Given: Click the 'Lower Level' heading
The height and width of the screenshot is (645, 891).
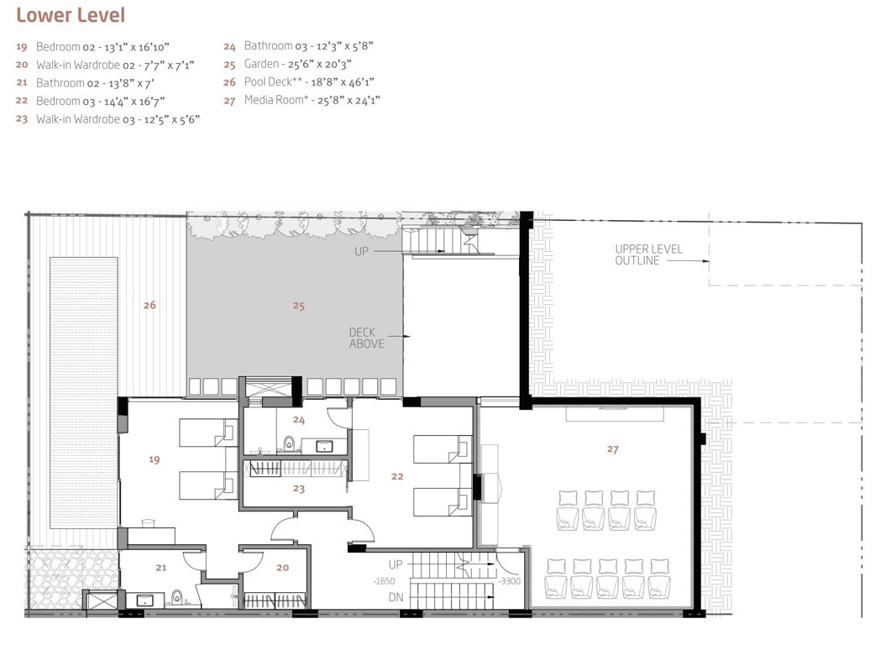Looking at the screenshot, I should tap(71, 14).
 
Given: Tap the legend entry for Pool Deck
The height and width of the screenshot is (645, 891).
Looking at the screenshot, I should tap(308, 81).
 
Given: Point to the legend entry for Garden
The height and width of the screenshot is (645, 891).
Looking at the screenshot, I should tap(297, 64).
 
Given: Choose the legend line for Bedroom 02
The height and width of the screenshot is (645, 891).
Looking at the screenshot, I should tap(104, 46).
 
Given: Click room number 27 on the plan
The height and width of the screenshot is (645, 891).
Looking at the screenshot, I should tap(613, 449).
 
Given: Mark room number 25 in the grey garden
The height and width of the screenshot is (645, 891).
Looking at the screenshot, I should tap(298, 306).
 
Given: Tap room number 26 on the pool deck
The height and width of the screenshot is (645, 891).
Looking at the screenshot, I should tap(149, 305).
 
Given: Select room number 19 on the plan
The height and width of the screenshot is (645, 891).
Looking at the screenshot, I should tap(154, 459).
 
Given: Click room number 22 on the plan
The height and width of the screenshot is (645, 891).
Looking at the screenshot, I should tap(398, 476).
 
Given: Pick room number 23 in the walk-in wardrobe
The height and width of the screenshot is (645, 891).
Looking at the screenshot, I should tap(298, 488).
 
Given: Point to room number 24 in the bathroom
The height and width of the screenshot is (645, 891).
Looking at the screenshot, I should tap(298, 419).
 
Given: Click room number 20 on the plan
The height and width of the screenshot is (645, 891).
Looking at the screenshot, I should tap(282, 568).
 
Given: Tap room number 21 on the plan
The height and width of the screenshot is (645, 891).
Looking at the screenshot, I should tap(160, 568).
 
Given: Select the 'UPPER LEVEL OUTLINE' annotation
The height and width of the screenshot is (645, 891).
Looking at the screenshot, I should tap(648, 254).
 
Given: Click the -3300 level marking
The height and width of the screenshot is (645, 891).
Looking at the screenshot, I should tap(510, 580).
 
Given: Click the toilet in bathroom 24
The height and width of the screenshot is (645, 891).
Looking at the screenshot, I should tap(290, 443).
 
